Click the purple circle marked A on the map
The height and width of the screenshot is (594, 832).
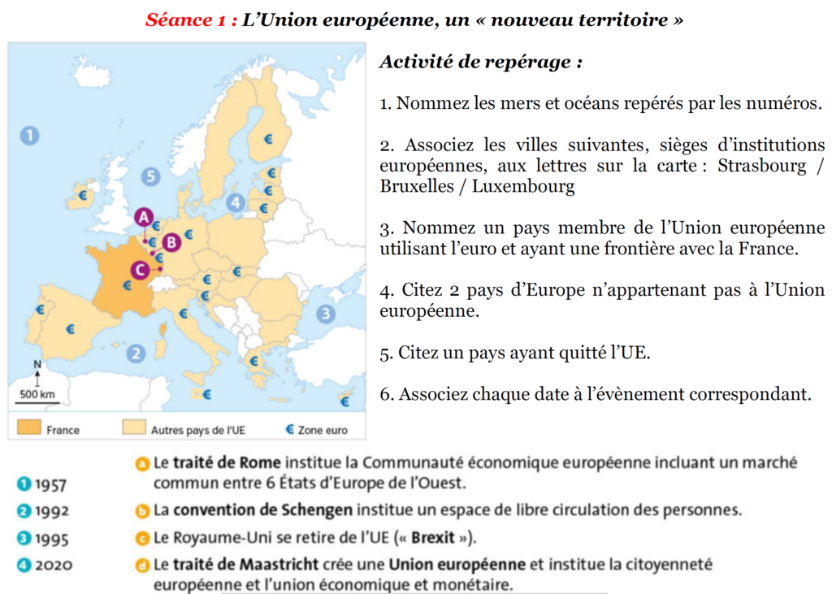[x=144, y=217]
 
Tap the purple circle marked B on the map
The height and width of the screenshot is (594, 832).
[x=171, y=241]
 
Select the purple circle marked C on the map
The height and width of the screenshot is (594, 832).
[x=140, y=270]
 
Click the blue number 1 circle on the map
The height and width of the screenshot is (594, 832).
[x=29, y=135]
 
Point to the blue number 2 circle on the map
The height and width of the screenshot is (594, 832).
[x=136, y=353]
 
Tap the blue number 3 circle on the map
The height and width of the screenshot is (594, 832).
[x=326, y=314]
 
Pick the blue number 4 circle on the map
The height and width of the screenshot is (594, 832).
[x=236, y=203]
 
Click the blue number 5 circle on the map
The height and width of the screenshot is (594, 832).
[x=149, y=176]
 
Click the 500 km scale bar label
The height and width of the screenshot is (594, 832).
[x=37, y=395]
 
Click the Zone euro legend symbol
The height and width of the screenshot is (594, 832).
[x=288, y=428]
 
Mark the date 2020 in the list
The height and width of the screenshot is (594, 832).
[x=53, y=565]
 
